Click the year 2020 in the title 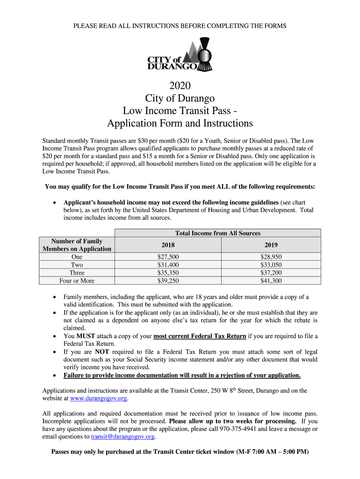tap(180, 86)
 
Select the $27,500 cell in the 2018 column tap(168, 257)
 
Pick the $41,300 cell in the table tap(271, 281)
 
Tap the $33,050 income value tap(271, 265)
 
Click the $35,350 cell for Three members tap(168, 273)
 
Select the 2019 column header tap(271, 245)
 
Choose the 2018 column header tap(168, 245)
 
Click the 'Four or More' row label tap(77, 281)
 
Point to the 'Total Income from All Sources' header tap(217, 233)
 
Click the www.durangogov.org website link tap(98, 399)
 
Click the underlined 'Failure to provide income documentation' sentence tap(182, 375)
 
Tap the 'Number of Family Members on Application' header tap(77, 245)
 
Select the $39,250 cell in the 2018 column tap(168, 281)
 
